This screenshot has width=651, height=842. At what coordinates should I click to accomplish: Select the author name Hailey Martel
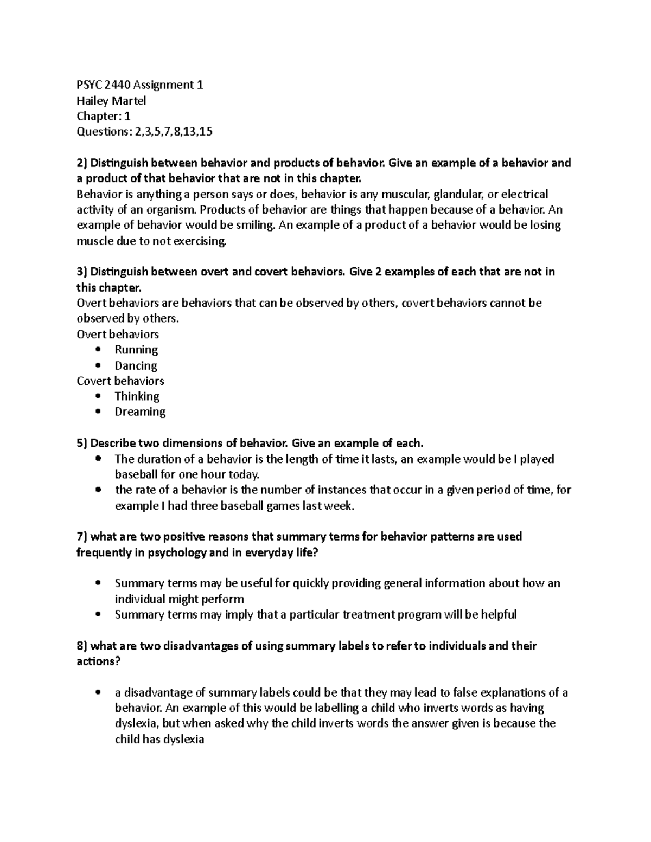(x=111, y=100)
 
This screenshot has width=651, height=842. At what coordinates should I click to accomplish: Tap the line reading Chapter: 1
(x=103, y=116)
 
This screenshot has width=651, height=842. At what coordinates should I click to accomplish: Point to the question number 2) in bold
(x=81, y=163)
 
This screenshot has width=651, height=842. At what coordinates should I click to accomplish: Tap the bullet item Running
(x=136, y=350)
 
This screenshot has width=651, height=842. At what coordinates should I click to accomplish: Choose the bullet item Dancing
(x=136, y=365)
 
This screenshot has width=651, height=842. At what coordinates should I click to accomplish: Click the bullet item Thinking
(x=137, y=396)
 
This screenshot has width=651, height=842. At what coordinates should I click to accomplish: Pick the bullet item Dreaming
(x=140, y=412)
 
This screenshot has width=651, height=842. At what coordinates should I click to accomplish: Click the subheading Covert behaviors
(x=120, y=381)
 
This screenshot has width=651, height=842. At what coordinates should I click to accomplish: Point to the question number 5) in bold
(x=81, y=444)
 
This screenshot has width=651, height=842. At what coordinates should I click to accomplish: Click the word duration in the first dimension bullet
(x=159, y=459)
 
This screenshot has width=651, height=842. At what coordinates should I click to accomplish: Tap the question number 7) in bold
(x=81, y=537)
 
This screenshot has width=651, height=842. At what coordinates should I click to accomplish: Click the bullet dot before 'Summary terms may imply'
(x=98, y=615)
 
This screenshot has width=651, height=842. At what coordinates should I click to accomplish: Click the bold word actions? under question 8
(x=98, y=661)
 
